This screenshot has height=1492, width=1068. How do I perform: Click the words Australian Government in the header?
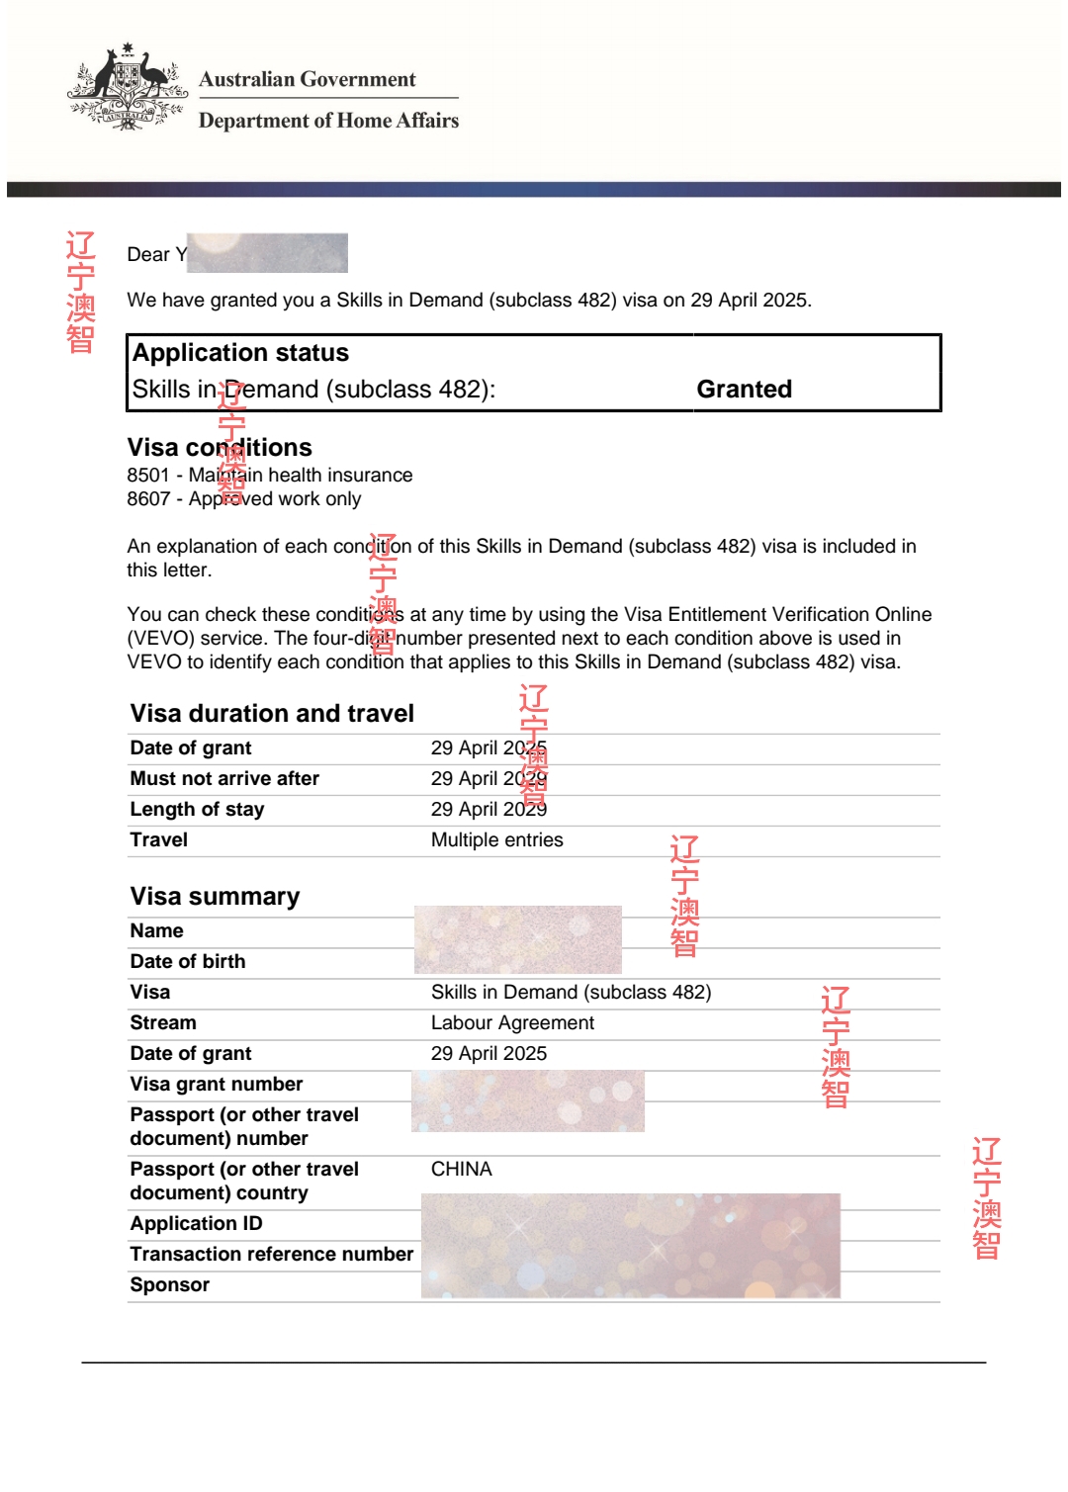(308, 80)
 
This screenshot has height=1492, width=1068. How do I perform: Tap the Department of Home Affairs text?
(328, 121)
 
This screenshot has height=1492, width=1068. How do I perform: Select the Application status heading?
(240, 353)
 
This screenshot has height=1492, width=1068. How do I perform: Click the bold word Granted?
(744, 390)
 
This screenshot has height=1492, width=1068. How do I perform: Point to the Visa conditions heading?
(220, 448)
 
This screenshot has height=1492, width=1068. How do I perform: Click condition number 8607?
(148, 499)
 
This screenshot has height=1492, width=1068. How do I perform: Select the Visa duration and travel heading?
(272, 714)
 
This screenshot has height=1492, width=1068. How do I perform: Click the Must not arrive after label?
(224, 779)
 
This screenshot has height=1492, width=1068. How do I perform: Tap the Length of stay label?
(197, 810)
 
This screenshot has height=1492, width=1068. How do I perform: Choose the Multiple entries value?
(496, 840)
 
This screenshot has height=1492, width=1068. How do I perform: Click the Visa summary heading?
(215, 897)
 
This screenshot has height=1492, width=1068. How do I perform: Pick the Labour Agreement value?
(512, 1023)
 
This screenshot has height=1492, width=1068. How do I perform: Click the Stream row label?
(163, 1023)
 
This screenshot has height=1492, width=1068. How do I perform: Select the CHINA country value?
(461, 1170)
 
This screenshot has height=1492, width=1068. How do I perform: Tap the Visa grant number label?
(217, 1085)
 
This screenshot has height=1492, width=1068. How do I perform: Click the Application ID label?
(196, 1224)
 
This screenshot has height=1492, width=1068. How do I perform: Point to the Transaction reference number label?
(272, 1255)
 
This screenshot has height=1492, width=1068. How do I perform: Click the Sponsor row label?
(170, 1285)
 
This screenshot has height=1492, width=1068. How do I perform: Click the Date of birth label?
(188, 962)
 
